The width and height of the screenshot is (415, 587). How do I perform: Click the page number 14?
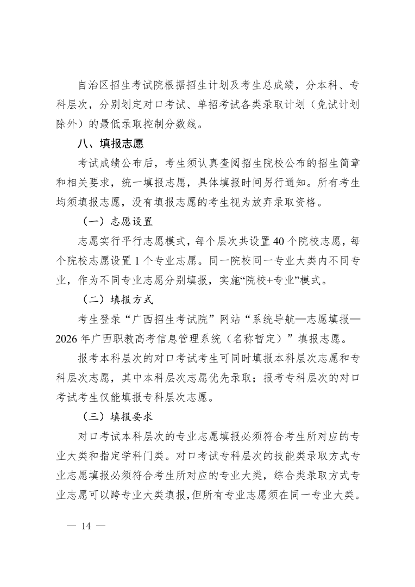pyautogui.click(x=86, y=526)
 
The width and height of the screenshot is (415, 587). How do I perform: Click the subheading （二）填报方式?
pyautogui.click(x=117, y=299)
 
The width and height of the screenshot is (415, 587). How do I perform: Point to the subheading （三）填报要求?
pyautogui.click(x=117, y=417)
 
